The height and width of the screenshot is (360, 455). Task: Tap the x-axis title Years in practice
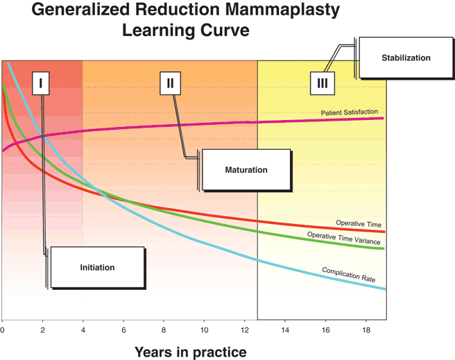click(190, 352)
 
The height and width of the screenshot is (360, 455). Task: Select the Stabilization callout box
click(406, 58)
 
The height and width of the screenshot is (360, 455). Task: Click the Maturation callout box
click(246, 169)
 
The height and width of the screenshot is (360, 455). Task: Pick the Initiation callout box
click(97, 267)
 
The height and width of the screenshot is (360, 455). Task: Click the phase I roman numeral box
click(42, 83)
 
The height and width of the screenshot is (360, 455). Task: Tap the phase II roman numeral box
click(170, 83)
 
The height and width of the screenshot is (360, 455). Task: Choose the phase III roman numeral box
click(322, 83)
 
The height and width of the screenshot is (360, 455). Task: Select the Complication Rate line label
click(348, 274)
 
